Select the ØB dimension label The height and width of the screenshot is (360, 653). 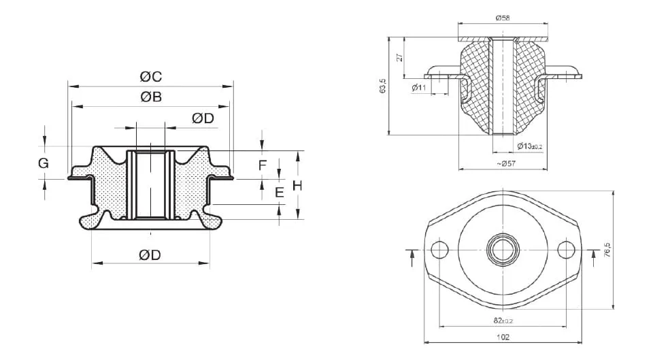coord(151,97)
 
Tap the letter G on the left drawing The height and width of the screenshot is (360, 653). coord(43,163)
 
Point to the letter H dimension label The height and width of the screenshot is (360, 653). coord(297,186)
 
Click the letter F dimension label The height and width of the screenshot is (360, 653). coord(262,165)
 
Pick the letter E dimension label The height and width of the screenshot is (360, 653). coord(279,193)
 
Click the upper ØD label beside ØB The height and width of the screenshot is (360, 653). coord(203,118)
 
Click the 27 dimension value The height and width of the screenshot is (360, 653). coord(400,58)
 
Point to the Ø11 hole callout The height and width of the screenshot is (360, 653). coord(419,88)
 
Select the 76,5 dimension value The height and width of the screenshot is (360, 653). coord(607,249)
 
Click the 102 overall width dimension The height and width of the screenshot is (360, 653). coord(503,336)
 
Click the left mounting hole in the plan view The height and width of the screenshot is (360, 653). coord(439,250)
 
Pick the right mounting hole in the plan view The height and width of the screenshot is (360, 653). coord(567,250)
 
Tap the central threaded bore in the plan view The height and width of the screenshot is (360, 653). coord(503,250)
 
